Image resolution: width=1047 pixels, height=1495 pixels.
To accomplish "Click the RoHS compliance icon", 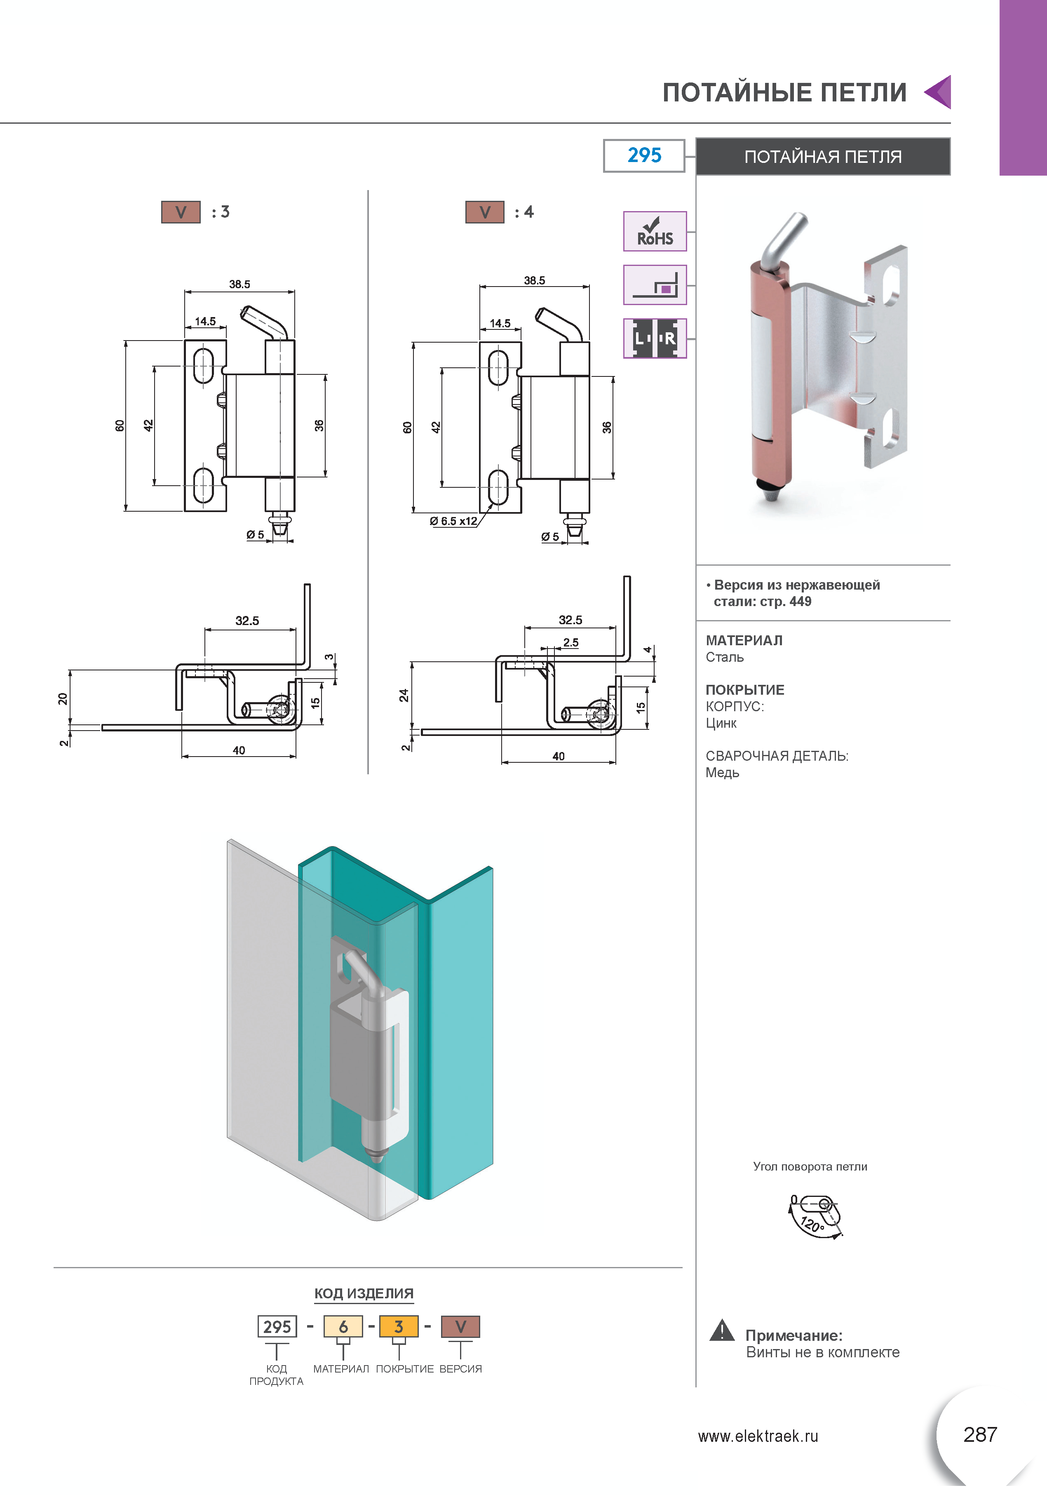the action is click(x=655, y=231).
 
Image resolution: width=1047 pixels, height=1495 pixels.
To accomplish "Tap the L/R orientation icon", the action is click(x=655, y=338).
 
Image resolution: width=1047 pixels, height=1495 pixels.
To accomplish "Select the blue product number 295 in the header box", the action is click(x=644, y=155).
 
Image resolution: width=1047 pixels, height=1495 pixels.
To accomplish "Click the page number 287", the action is click(x=980, y=1434).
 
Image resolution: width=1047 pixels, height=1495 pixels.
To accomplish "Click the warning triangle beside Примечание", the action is click(x=721, y=1330).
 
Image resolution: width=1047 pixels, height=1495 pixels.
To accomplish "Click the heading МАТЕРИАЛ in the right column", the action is click(x=744, y=640).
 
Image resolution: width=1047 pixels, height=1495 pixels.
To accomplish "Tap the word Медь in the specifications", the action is click(x=722, y=773).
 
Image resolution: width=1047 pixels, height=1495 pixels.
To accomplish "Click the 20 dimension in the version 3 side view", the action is click(x=63, y=699).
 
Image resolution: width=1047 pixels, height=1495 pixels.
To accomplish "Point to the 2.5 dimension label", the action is click(x=570, y=642).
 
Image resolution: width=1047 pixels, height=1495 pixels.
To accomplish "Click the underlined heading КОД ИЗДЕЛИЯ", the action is click(x=363, y=1293).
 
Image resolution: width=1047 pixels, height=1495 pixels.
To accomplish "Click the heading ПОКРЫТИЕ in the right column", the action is click(x=745, y=689).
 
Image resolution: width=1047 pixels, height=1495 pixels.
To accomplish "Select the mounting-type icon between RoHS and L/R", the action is click(x=655, y=284).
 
